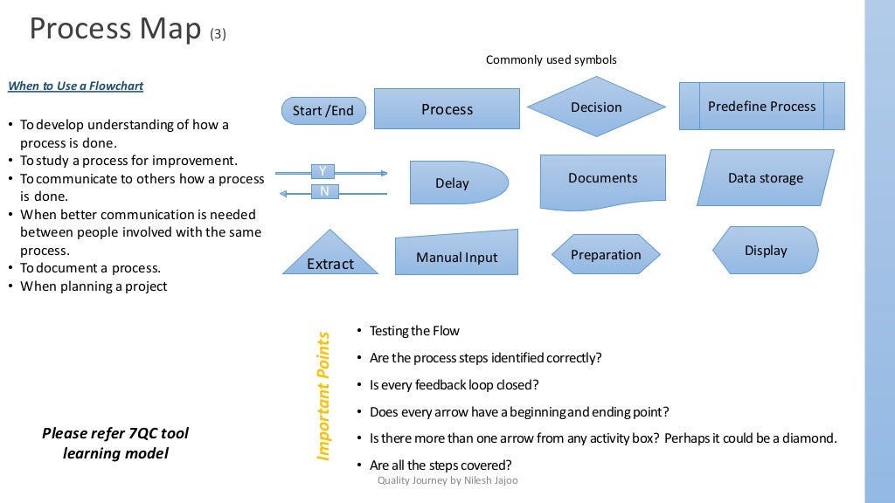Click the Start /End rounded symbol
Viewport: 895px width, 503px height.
point(323,111)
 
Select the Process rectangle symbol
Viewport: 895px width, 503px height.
point(447,109)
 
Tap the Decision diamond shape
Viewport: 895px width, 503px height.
point(596,107)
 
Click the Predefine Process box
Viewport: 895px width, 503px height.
point(761,107)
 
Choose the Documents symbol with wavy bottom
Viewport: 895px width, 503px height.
point(602,179)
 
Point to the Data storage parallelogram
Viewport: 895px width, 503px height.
point(765,178)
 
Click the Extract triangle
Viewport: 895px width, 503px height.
point(330,259)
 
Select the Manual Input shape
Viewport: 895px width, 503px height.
point(456,255)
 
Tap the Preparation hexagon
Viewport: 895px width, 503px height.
point(606,255)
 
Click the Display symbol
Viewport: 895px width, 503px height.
point(766,251)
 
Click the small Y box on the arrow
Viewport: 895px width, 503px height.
point(323,171)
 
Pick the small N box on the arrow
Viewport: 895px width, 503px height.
point(323,191)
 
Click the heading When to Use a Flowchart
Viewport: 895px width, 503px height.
point(76,86)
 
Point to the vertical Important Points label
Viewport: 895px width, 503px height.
point(323,396)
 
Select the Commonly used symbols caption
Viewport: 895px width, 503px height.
point(551,60)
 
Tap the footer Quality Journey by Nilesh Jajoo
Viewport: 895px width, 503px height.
point(447,480)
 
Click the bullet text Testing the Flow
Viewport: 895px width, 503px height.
point(414,331)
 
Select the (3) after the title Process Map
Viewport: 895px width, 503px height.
point(219,35)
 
